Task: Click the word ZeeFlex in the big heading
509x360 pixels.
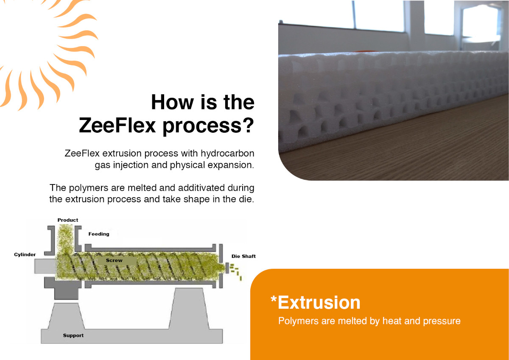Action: (117, 126)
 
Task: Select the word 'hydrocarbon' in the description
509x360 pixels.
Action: (227, 153)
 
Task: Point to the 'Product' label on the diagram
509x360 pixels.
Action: (68, 220)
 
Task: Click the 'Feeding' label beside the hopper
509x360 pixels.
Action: (99, 234)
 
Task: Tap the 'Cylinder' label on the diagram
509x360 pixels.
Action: (25, 254)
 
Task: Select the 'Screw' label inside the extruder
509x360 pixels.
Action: (114, 260)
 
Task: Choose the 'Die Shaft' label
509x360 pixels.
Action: (243, 256)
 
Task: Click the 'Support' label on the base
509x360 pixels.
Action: (73, 335)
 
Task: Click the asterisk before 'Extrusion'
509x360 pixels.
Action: (274, 299)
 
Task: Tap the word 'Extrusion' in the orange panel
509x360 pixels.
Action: (319, 303)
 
